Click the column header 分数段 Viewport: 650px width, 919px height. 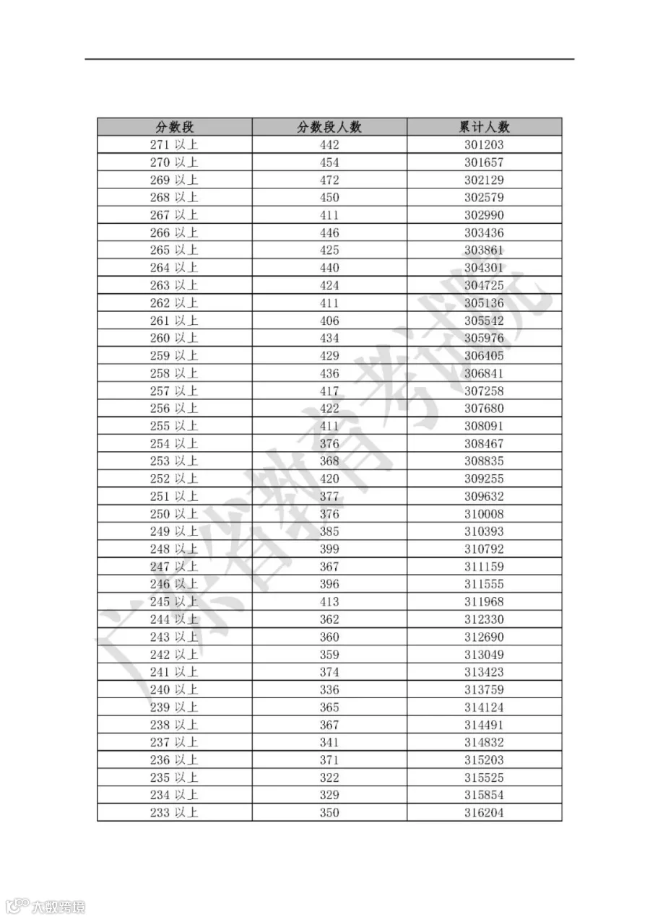tap(174, 127)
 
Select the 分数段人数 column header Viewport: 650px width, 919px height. tap(329, 127)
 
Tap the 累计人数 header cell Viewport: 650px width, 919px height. tap(484, 127)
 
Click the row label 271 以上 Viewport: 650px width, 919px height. tap(174, 144)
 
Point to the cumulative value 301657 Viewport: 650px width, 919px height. tap(484, 162)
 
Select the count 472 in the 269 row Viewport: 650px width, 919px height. tap(329, 180)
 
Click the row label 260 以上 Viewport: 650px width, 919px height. tap(174, 338)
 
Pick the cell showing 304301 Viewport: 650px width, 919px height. tap(484, 268)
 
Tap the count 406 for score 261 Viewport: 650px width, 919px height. tap(329, 321)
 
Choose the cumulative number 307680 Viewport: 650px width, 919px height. tap(484, 409)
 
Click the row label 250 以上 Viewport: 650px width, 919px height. tap(174, 514)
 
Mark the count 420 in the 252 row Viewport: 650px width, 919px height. tap(329, 479)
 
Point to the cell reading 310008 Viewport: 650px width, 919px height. tap(484, 514)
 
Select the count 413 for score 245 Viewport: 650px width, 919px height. tap(329, 601)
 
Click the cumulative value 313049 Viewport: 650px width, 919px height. tap(484, 655)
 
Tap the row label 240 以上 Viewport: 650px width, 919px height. tap(174, 689)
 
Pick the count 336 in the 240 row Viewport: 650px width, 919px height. tap(329, 689)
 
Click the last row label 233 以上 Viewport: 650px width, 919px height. tap(174, 813)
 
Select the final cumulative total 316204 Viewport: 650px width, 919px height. tap(484, 813)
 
